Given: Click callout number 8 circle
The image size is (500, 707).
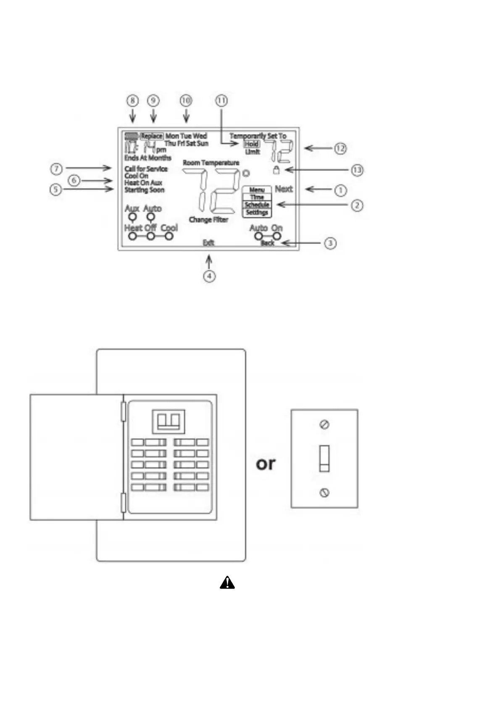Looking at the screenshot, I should tap(132, 101).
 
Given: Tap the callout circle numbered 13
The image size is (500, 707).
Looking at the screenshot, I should tap(357, 170).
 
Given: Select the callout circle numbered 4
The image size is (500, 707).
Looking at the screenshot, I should tap(209, 276).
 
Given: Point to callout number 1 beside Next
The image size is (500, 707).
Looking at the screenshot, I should tap(340, 190).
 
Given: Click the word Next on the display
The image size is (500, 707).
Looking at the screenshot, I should tap(284, 189).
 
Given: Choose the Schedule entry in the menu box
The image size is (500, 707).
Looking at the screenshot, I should tap(257, 205).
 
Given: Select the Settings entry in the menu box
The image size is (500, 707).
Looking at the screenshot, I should tap(257, 212).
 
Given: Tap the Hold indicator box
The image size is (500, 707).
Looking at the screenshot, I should tap(252, 144).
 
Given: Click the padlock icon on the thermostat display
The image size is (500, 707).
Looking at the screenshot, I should tap(276, 170).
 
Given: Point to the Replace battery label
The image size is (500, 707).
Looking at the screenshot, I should tap(151, 136).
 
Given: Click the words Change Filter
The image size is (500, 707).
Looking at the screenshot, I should tap(208, 220).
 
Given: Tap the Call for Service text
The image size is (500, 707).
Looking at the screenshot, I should tap(146, 169).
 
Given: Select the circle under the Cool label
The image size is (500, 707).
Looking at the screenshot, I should tap(169, 236).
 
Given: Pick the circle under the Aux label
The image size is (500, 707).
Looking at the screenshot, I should tap(132, 217).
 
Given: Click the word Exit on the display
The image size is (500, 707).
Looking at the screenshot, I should tap(208, 243).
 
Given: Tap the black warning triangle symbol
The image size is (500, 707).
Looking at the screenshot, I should tap(227, 583).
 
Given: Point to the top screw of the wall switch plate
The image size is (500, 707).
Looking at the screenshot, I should tap(324, 425).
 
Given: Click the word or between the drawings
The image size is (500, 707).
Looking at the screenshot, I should tap(266, 463).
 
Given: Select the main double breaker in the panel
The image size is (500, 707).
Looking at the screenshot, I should tap(168, 421).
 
